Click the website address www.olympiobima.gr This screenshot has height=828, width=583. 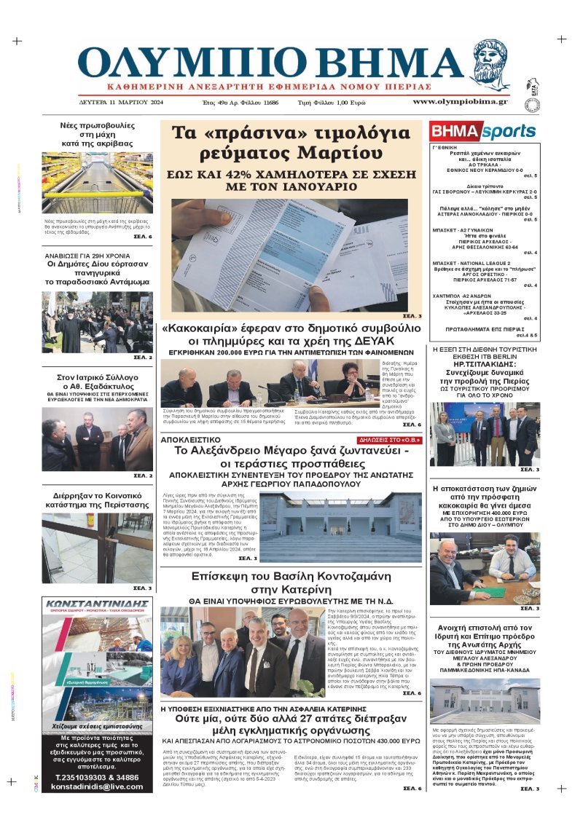tap(460, 101)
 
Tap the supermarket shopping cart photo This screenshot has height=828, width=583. tap(97, 183)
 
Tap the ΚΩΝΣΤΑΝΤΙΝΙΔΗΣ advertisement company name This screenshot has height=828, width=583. tap(97, 604)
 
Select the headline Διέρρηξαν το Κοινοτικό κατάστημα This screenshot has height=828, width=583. tap(97, 502)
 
